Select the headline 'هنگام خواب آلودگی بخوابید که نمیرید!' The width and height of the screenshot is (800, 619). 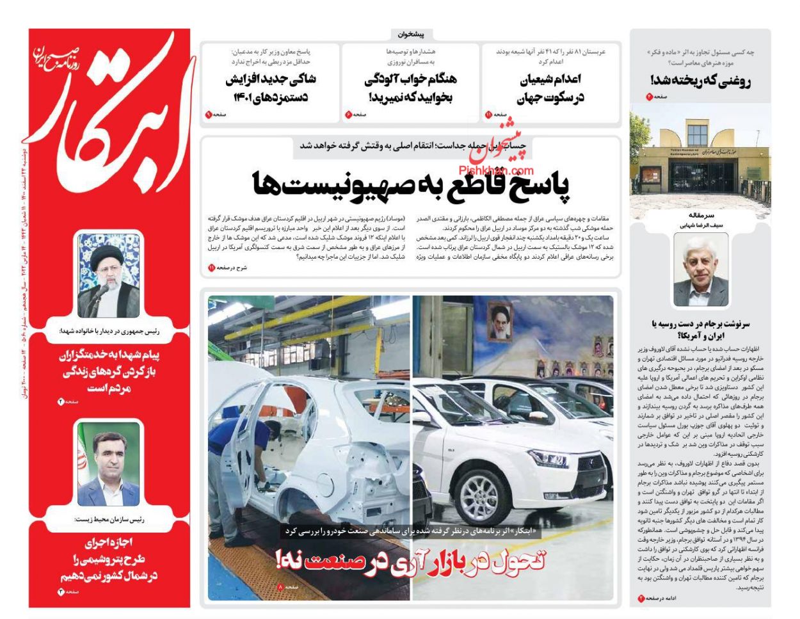[411, 89]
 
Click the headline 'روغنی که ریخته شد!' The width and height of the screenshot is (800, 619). [700, 81]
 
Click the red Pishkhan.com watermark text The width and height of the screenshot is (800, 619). [496, 171]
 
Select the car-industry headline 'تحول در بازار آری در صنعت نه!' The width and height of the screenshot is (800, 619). [410, 561]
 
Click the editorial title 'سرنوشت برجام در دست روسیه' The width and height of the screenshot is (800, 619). [700, 329]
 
